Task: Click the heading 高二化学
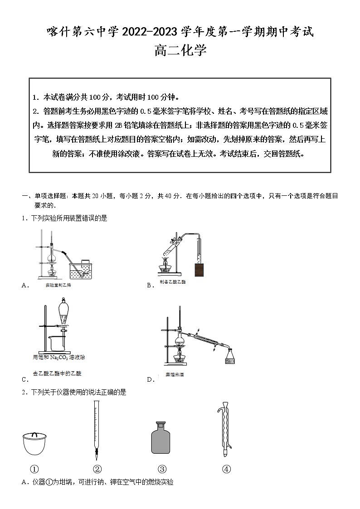tap(180, 51)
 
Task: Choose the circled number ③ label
tap(162, 469)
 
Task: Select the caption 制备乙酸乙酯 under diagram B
tap(172, 282)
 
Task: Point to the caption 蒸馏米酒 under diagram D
tap(174, 374)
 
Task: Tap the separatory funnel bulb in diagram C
tap(65, 313)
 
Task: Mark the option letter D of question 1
tap(150, 379)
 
